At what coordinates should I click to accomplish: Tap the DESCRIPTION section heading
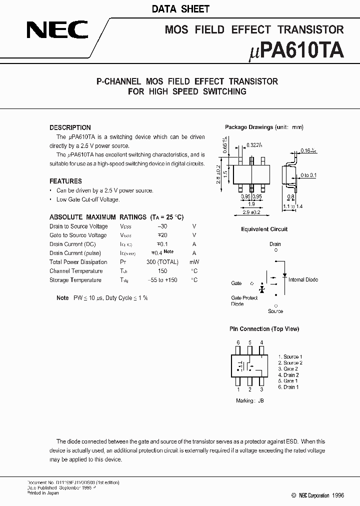coord(70,127)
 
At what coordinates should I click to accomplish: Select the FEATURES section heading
coord(65,181)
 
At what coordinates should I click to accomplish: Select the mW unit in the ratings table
coord(194,262)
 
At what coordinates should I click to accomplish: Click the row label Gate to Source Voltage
coord(78,235)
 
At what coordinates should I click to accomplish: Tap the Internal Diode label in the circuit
coord(303,280)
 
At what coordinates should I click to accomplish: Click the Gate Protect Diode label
coord(244,301)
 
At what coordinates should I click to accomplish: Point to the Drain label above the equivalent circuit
coord(275,244)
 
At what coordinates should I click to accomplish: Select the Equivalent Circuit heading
coord(264,229)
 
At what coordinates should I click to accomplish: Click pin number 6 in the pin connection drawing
coord(238,342)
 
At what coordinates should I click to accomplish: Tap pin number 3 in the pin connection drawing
coord(261,389)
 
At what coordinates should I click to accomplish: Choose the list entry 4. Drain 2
coord(288,375)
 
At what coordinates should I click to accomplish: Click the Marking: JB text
coord(249,401)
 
